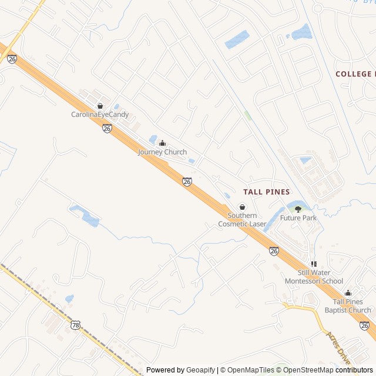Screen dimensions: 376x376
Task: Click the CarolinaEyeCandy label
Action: (x=100, y=115)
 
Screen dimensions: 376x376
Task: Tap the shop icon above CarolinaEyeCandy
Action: (x=100, y=106)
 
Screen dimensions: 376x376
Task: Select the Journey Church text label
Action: (x=162, y=152)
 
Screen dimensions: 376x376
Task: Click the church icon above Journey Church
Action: (x=162, y=143)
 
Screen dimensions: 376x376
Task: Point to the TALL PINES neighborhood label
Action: (x=266, y=192)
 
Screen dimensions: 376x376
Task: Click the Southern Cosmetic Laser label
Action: (x=242, y=220)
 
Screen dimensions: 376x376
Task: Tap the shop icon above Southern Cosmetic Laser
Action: (x=242, y=207)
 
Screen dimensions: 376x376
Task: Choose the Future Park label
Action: (x=298, y=218)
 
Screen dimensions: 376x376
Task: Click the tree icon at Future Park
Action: (x=298, y=209)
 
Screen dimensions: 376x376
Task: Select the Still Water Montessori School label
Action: (x=313, y=277)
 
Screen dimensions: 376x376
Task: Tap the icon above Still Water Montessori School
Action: (x=313, y=264)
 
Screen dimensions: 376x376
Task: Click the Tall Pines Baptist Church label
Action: (x=348, y=306)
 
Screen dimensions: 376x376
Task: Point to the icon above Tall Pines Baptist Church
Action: (x=348, y=293)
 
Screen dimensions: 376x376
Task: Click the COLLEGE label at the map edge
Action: (x=355, y=74)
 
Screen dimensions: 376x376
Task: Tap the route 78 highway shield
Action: (x=75, y=325)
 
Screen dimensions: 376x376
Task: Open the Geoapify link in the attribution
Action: (x=200, y=370)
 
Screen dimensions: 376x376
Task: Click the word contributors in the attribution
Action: (x=354, y=370)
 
